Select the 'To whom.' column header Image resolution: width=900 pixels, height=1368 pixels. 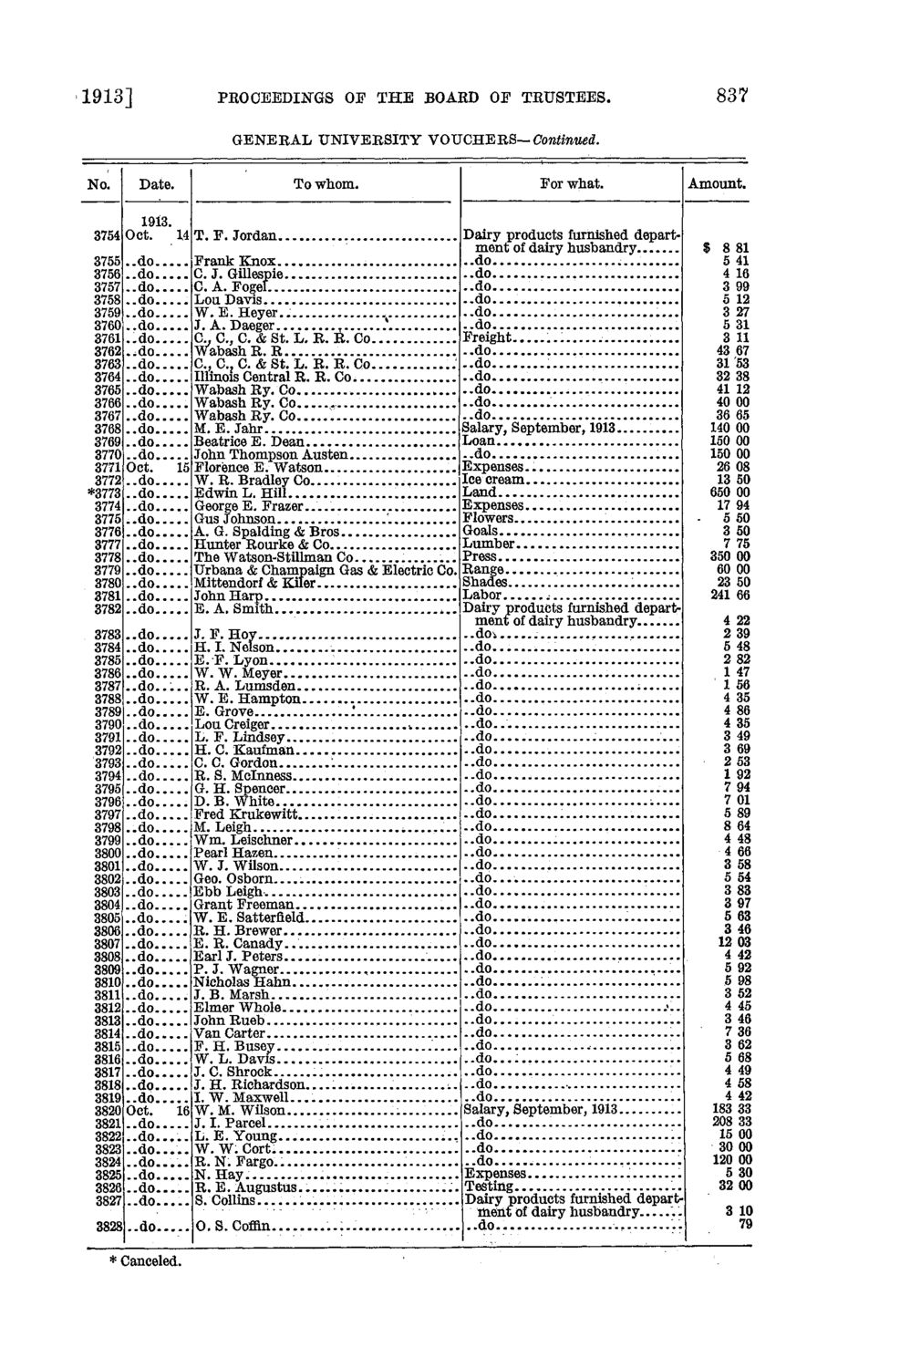click(325, 183)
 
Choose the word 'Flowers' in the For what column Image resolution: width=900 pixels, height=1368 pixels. click(489, 518)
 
